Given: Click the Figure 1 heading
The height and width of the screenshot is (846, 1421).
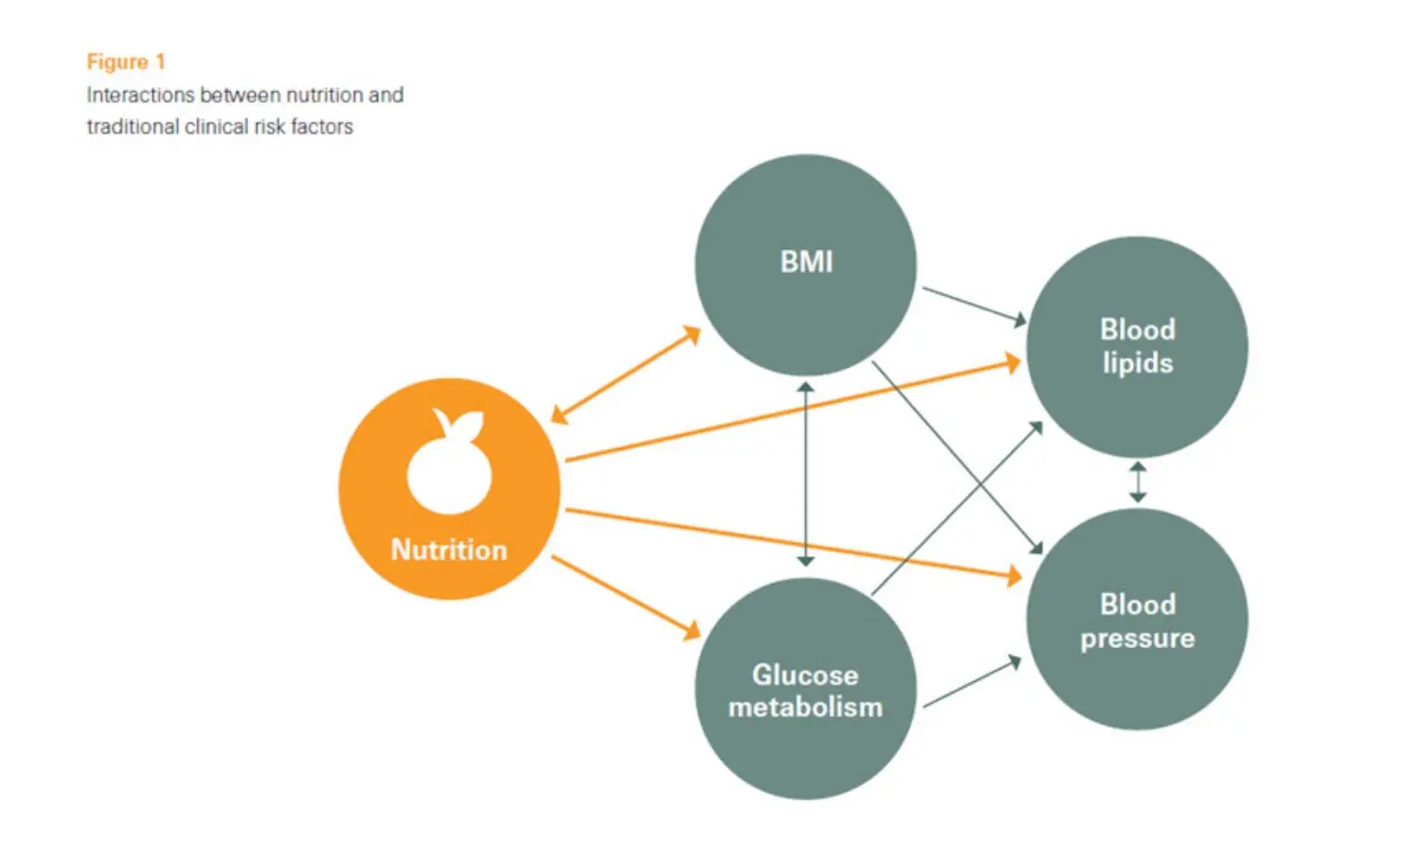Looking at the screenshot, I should (x=126, y=63).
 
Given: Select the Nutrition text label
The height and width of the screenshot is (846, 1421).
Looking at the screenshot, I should (x=449, y=550).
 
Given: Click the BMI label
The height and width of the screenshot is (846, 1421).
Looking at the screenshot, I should (x=806, y=262).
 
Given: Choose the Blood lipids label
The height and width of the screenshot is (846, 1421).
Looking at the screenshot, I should (x=1137, y=347).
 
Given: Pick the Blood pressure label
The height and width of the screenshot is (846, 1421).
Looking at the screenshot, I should (x=1137, y=621).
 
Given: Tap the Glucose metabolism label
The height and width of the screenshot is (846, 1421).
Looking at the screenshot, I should (x=805, y=692).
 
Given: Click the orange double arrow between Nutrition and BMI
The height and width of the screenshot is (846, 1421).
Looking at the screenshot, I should (x=625, y=375).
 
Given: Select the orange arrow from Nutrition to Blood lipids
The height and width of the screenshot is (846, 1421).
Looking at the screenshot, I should (x=792, y=411).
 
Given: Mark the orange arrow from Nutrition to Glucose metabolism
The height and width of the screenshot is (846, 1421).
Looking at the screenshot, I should (x=625, y=598).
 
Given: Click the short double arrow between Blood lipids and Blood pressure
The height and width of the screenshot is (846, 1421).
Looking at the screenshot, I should (x=1138, y=482).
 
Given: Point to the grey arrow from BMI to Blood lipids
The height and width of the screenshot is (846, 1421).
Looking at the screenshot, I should (x=975, y=306).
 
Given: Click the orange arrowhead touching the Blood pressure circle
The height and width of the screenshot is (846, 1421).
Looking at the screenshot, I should (x=1015, y=574).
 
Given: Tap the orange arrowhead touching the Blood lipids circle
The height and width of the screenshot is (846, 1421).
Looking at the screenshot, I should (x=1013, y=362).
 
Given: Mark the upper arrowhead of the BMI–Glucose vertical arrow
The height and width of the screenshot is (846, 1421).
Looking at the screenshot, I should (x=805, y=387).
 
